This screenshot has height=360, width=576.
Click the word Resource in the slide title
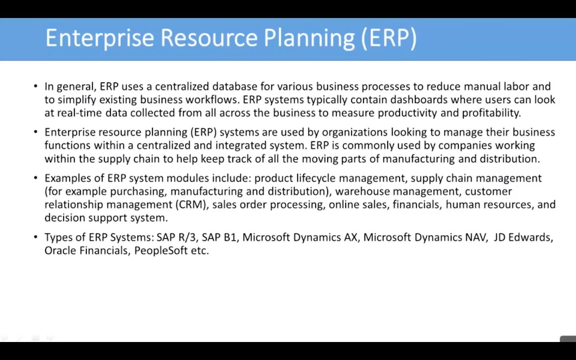[x=209, y=38]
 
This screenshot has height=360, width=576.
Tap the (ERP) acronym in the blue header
[x=389, y=38]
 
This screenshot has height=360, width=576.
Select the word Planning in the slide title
[x=309, y=38]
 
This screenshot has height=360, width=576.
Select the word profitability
[x=491, y=113]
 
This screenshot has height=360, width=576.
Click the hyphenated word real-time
[x=79, y=113]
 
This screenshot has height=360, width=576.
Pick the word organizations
[x=354, y=132]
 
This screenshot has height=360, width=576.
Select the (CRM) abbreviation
[x=192, y=205]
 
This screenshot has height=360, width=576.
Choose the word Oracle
[x=60, y=250]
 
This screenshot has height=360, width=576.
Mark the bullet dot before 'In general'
[x=36, y=86]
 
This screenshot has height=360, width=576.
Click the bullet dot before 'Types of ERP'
[x=36, y=237]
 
